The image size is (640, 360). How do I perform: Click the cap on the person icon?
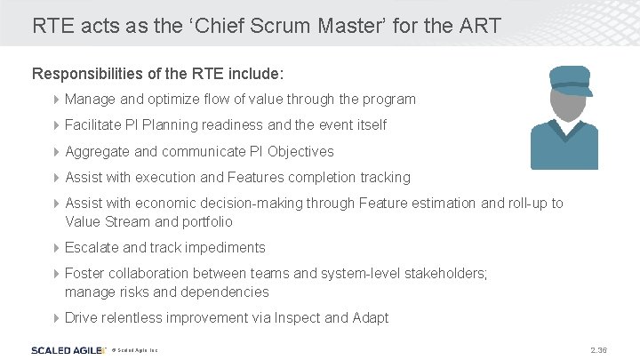point(570,79)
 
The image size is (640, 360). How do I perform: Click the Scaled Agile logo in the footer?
point(68,350)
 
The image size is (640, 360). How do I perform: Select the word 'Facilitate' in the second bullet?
point(94,125)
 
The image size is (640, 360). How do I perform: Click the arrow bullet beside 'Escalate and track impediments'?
point(57,247)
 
